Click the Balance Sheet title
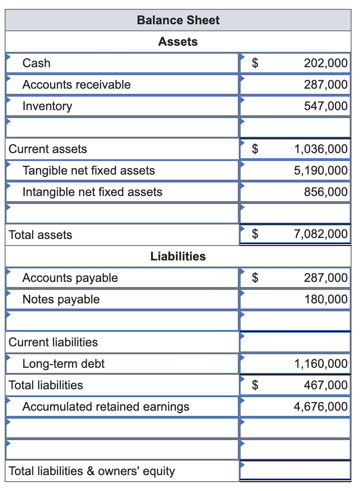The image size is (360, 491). click(x=178, y=20)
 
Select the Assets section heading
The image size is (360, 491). click(x=178, y=42)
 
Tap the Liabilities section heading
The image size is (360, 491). click(x=178, y=256)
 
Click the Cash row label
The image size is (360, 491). click(x=37, y=63)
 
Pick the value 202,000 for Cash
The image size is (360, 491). click(x=325, y=63)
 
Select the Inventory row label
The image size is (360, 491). click(x=48, y=106)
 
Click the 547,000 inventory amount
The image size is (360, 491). click(x=325, y=106)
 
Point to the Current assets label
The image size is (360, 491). click(x=48, y=149)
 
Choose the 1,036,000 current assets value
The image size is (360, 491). click(x=321, y=149)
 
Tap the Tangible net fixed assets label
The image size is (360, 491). click(x=89, y=170)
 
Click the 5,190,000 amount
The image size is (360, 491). click(x=321, y=170)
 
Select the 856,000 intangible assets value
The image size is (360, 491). click(x=325, y=192)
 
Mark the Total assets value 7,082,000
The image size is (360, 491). click(x=321, y=234)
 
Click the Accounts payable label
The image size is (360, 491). click(x=70, y=278)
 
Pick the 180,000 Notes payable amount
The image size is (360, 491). click(x=325, y=299)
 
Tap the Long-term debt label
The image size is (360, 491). click(x=63, y=364)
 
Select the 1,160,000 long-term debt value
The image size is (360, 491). click(x=321, y=364)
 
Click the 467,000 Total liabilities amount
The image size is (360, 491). click(x=325, y=385)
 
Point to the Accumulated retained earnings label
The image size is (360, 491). click(x=106, y=407)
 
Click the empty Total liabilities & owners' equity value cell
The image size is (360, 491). click(x=295, y=470)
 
